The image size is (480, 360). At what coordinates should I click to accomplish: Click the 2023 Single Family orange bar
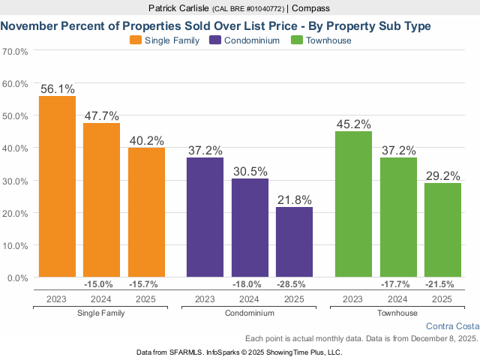click(x=57, y=187)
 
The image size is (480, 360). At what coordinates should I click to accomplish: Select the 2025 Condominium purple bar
click(x=294, y=242)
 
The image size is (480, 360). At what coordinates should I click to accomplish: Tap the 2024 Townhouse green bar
click(x=398, y=217)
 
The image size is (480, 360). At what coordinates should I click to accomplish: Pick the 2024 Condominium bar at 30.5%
click(x=250, y=228)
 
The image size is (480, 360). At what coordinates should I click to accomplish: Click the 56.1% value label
click(x=58, y=88)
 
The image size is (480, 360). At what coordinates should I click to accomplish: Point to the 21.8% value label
click(x=294, y=199)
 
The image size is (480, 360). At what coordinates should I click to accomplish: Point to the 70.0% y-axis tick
click(x=16, y=52)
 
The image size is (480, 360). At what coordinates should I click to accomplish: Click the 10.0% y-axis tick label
click(x=16, y=245)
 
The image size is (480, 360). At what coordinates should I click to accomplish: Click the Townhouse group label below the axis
click(x=398, y=313)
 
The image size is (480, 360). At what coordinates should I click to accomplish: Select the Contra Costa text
click(x=451, y=326)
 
